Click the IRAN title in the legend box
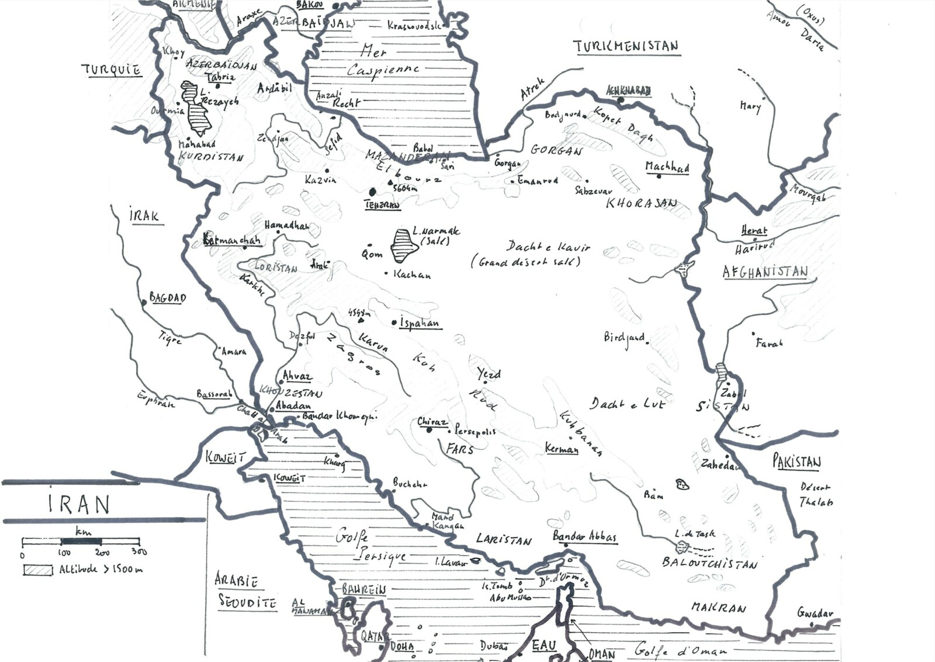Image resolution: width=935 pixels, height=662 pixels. (x=79, y=504)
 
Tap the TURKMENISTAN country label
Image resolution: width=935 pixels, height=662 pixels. (x=626, y=47)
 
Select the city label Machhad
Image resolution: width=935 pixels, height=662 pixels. (x=667, y=167)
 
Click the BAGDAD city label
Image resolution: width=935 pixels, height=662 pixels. (x=168, y=298)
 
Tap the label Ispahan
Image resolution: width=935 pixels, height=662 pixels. (x=419, y=323)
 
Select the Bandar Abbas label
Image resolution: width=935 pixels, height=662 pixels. (x=584, y=536)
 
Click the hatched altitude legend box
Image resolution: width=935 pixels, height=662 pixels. (x=37, y=570)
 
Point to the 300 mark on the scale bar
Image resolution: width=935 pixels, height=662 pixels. (x=139, y=552)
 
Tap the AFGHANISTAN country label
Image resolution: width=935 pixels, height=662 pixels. (x=765, y=272)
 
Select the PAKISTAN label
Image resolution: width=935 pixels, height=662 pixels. (x=797, y=462)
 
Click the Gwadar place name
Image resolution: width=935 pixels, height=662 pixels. (x=815, y=613)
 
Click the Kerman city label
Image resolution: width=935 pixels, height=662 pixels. (x=562, y=449)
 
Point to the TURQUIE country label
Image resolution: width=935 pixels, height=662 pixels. (x=111, y=70)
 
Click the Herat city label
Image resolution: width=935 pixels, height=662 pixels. (x=754, y=231)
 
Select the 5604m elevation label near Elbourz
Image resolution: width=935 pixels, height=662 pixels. (x=405, y=188)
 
